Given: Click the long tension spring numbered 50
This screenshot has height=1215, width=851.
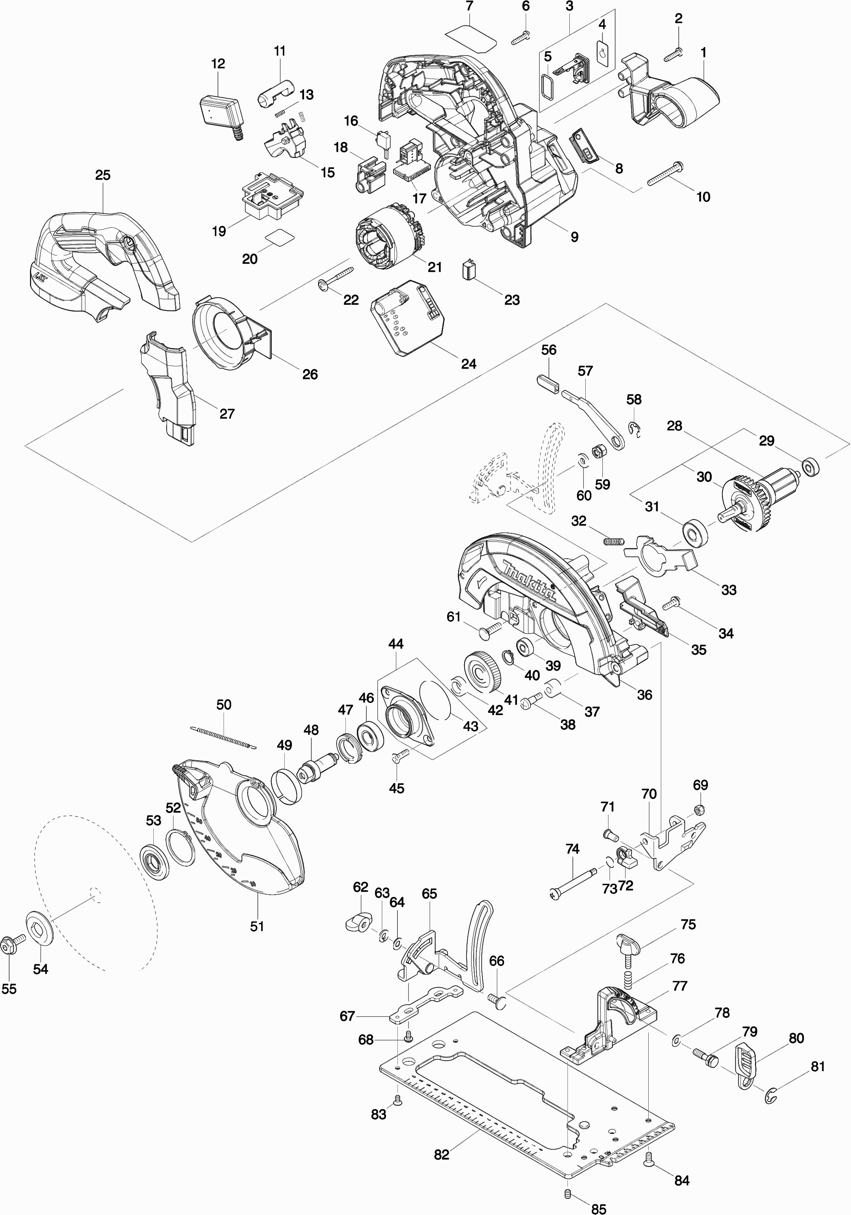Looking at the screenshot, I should point(223,737).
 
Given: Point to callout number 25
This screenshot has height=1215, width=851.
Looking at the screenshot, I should point(102,175).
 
